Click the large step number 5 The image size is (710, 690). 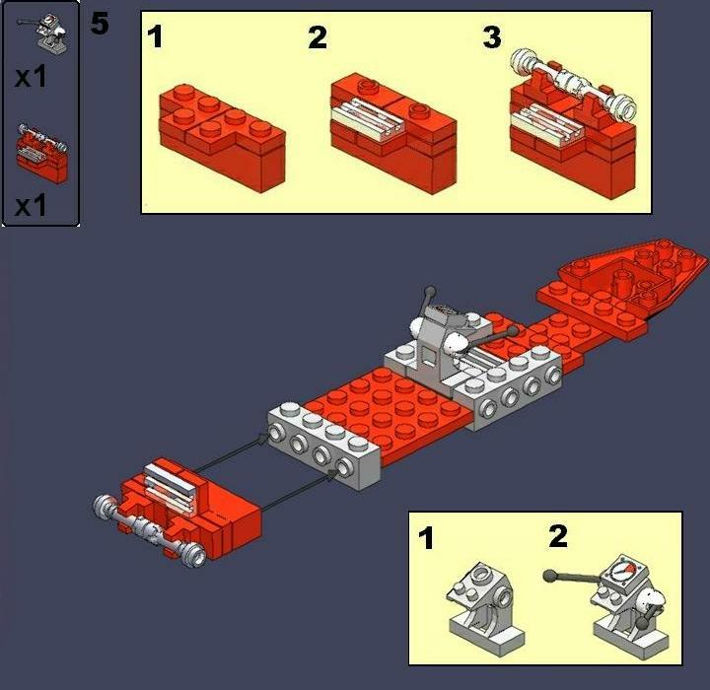(x=100, y=24)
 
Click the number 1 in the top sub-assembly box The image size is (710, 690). (x=155, y=36)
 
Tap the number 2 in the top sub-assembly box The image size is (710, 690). (x=318, y=37)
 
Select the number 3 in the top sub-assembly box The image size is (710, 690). (x=492, y=37)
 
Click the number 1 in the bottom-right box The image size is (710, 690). (x=426, y=538)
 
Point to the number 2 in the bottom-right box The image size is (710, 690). (x=558, y=536)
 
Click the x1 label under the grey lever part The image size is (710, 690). (x=31, y=77)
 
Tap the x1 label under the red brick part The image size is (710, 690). (x=31, y=206)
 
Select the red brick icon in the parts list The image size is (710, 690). (x=42, y=154)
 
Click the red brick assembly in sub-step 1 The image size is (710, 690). (x=222, y=137)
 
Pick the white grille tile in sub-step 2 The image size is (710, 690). (x=368, y=116)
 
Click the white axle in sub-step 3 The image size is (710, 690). (x=573, y=82)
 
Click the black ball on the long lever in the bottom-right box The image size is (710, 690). (x=549, y=576)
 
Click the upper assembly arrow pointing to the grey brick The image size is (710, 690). (x=231, y=451)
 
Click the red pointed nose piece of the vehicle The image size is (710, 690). (x=635, y=274)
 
